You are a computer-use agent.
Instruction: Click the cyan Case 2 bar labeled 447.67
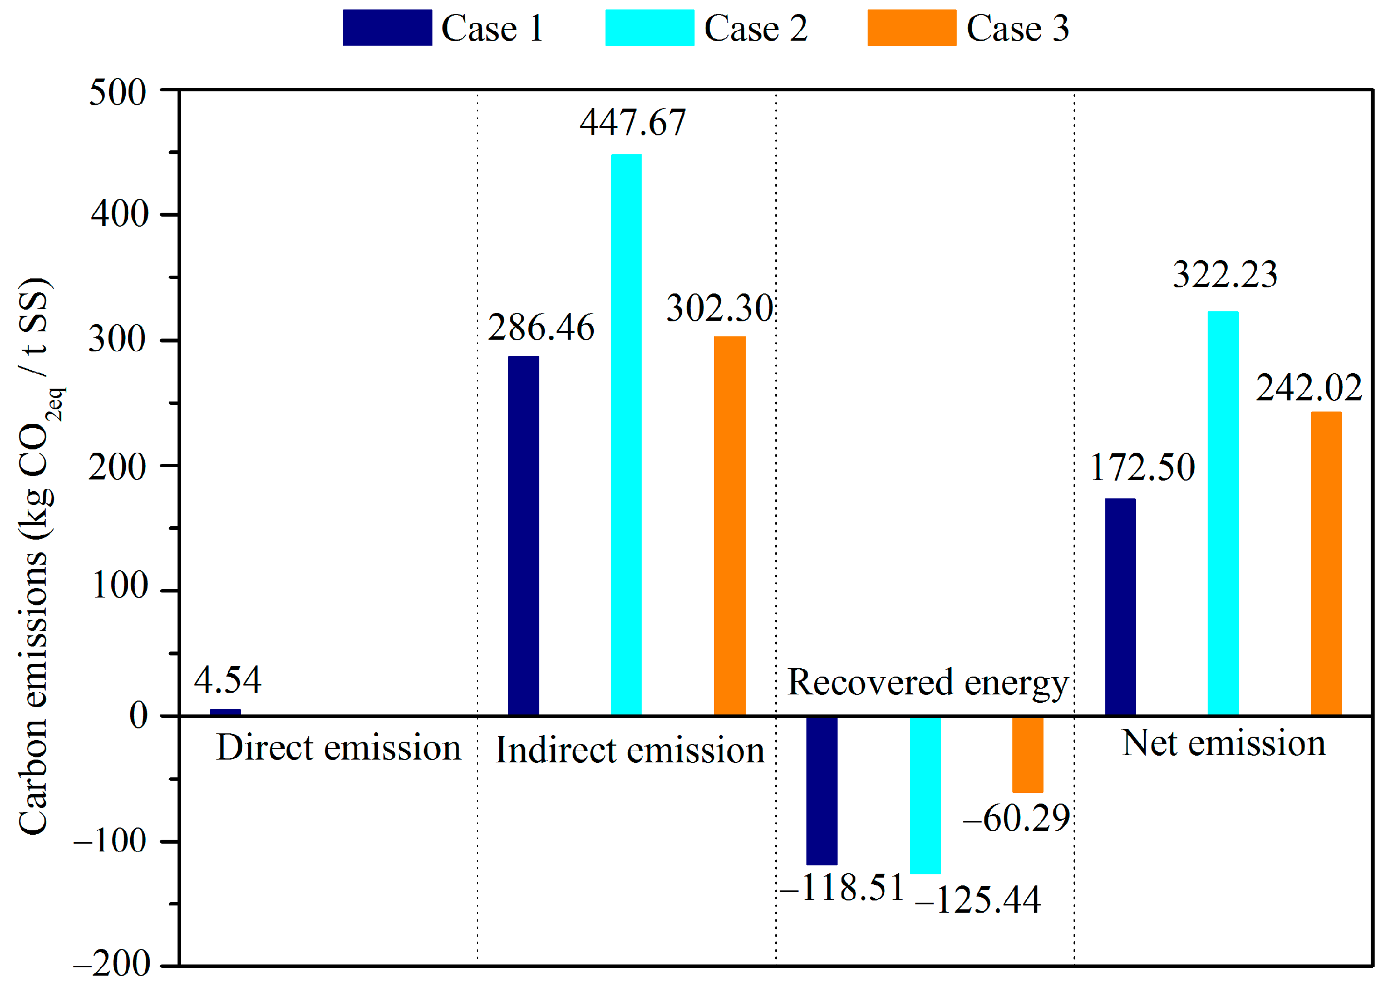tap(627, 434)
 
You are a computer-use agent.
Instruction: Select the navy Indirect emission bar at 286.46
tap(524, 536)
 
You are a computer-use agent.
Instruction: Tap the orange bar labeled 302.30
tap(729, 526)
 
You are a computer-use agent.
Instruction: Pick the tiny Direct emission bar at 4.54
tap(225, 712)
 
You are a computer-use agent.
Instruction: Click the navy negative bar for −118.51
tap(821, 790)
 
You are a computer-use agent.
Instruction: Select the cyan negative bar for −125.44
tap(925, 795)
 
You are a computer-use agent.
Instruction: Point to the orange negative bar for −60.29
tap(1028, 755)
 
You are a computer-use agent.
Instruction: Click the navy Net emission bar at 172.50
tap(1120, 606)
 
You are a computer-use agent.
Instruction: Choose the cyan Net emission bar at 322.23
tap(1223, 513)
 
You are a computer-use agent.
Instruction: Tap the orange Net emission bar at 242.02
tap(1326, 563)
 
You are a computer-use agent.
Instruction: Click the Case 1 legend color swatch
tap(387, 27)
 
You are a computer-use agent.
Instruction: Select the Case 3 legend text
tap(1017, 29)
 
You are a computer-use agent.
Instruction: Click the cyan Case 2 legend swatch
tap(649, 27)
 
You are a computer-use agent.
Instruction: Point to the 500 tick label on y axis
tap(117, 93)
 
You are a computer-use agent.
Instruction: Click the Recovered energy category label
tap(927, 683)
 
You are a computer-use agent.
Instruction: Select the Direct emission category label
tap(338, 748)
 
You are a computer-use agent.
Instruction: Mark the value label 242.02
tap(1308, 388)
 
